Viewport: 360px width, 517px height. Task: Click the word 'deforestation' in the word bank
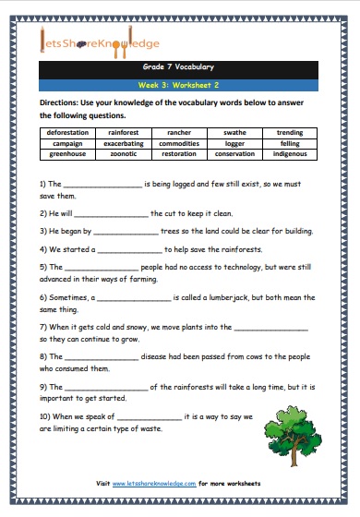[67, 133]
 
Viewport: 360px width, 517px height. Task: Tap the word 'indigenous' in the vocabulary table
[289, 153]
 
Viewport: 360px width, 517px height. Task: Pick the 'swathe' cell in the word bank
[234, 133]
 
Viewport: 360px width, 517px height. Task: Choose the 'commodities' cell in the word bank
[179, 143]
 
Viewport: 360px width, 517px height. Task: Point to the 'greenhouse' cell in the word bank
[67, 153]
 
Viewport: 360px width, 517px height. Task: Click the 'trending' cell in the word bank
[289, 133]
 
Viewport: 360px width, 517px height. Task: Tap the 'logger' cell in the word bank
[234, 143]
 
